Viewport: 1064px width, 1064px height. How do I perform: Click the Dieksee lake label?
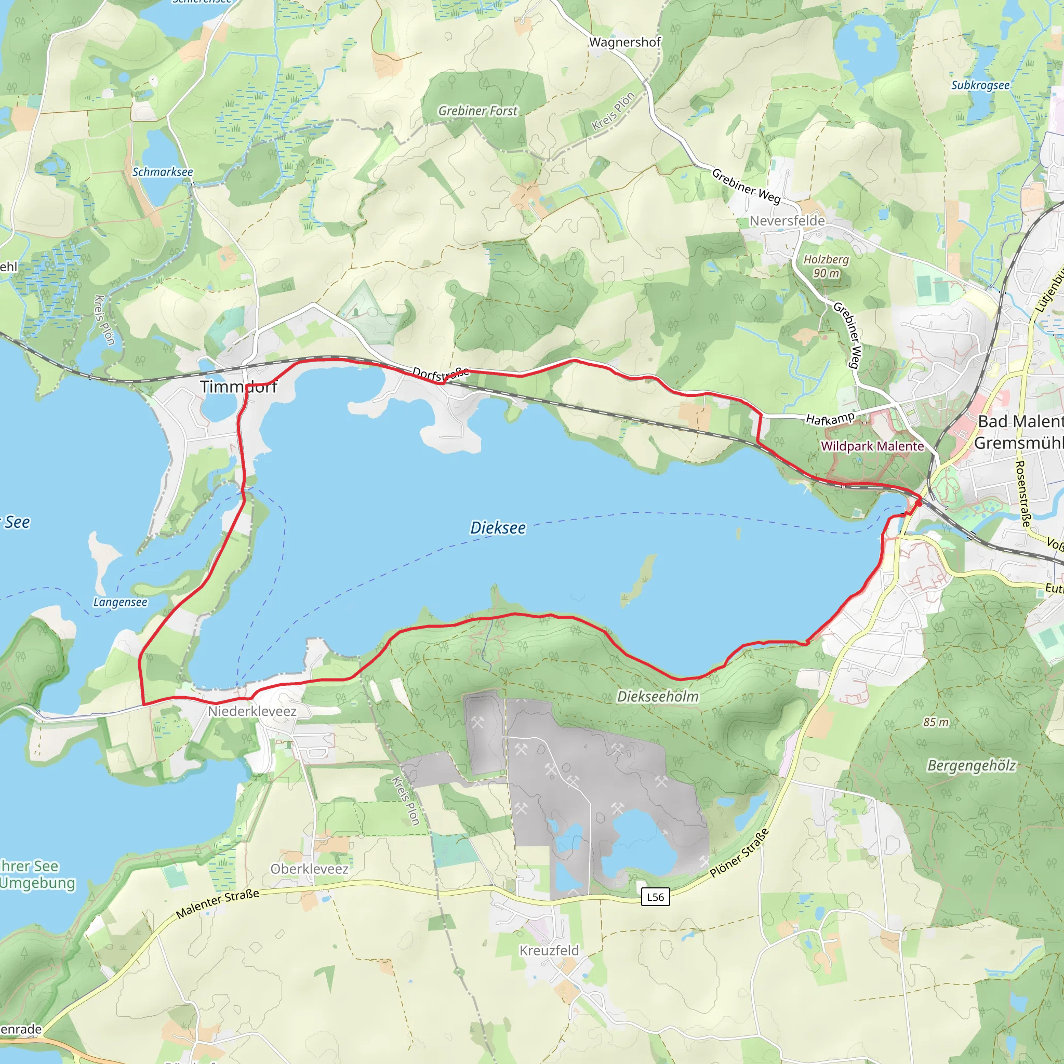pos(498,528)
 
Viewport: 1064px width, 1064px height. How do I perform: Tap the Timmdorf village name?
pos(238,387)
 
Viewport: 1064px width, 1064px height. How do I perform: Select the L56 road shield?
pos(655,897)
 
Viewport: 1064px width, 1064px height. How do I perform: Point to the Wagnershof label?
pos(624,43)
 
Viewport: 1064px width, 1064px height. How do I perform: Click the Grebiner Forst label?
pos(477,111)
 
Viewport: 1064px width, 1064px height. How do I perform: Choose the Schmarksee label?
pos(163,172)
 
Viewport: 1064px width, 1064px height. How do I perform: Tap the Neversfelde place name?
pos(787,221)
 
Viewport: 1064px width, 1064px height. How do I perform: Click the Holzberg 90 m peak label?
pos(826,266)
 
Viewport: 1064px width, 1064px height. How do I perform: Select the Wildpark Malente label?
pos(872,446)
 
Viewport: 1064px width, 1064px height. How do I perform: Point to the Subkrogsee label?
pos(980,85)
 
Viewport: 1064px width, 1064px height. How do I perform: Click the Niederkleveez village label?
pos(252,711)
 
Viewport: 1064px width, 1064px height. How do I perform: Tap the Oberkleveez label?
pos(310,869)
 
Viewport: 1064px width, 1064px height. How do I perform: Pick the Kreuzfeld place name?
pos(549,950)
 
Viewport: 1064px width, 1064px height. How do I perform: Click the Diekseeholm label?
pos(658,697)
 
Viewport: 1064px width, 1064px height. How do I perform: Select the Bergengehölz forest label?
pos(972,765)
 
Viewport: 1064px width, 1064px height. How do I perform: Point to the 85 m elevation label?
pos(936,722)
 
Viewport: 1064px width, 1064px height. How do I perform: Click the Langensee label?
pos(120,602)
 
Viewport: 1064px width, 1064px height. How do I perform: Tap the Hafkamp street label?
pos(830,419)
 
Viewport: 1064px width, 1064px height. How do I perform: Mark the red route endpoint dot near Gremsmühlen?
pos(918,502)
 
